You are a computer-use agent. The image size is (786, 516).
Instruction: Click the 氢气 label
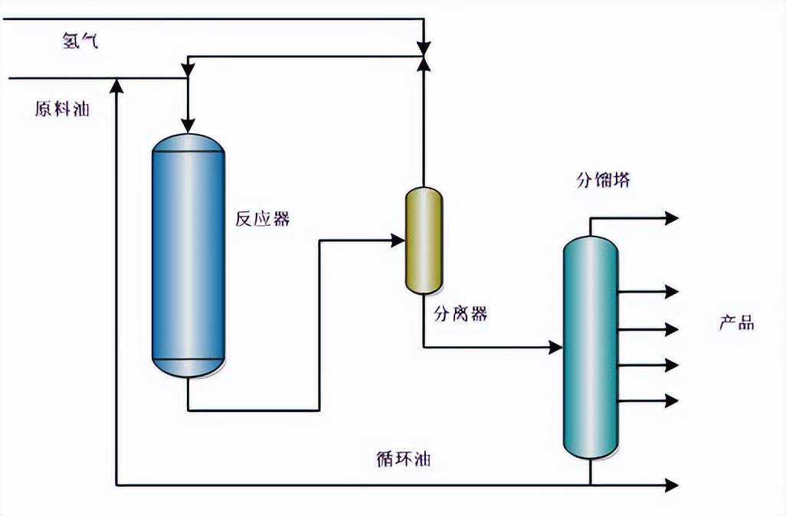80,41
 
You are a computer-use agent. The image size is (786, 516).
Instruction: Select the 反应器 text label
263,219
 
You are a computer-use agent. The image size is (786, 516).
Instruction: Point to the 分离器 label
460,314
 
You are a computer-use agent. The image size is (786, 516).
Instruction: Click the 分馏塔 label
603,181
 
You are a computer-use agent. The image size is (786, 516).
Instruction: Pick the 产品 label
736,323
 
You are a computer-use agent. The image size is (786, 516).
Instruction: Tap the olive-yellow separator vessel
424,240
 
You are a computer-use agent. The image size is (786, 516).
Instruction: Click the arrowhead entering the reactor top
188,125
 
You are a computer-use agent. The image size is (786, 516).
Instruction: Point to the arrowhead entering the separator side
398,240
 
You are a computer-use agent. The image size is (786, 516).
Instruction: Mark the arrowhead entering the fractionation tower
556,348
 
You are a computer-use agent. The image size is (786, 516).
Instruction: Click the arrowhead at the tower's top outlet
672,218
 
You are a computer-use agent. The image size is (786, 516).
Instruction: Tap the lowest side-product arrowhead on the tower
672,400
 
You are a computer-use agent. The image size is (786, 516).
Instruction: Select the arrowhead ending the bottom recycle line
672,485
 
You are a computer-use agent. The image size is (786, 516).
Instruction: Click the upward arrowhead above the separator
424,63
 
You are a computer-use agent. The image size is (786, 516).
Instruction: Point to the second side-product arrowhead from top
672,329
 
